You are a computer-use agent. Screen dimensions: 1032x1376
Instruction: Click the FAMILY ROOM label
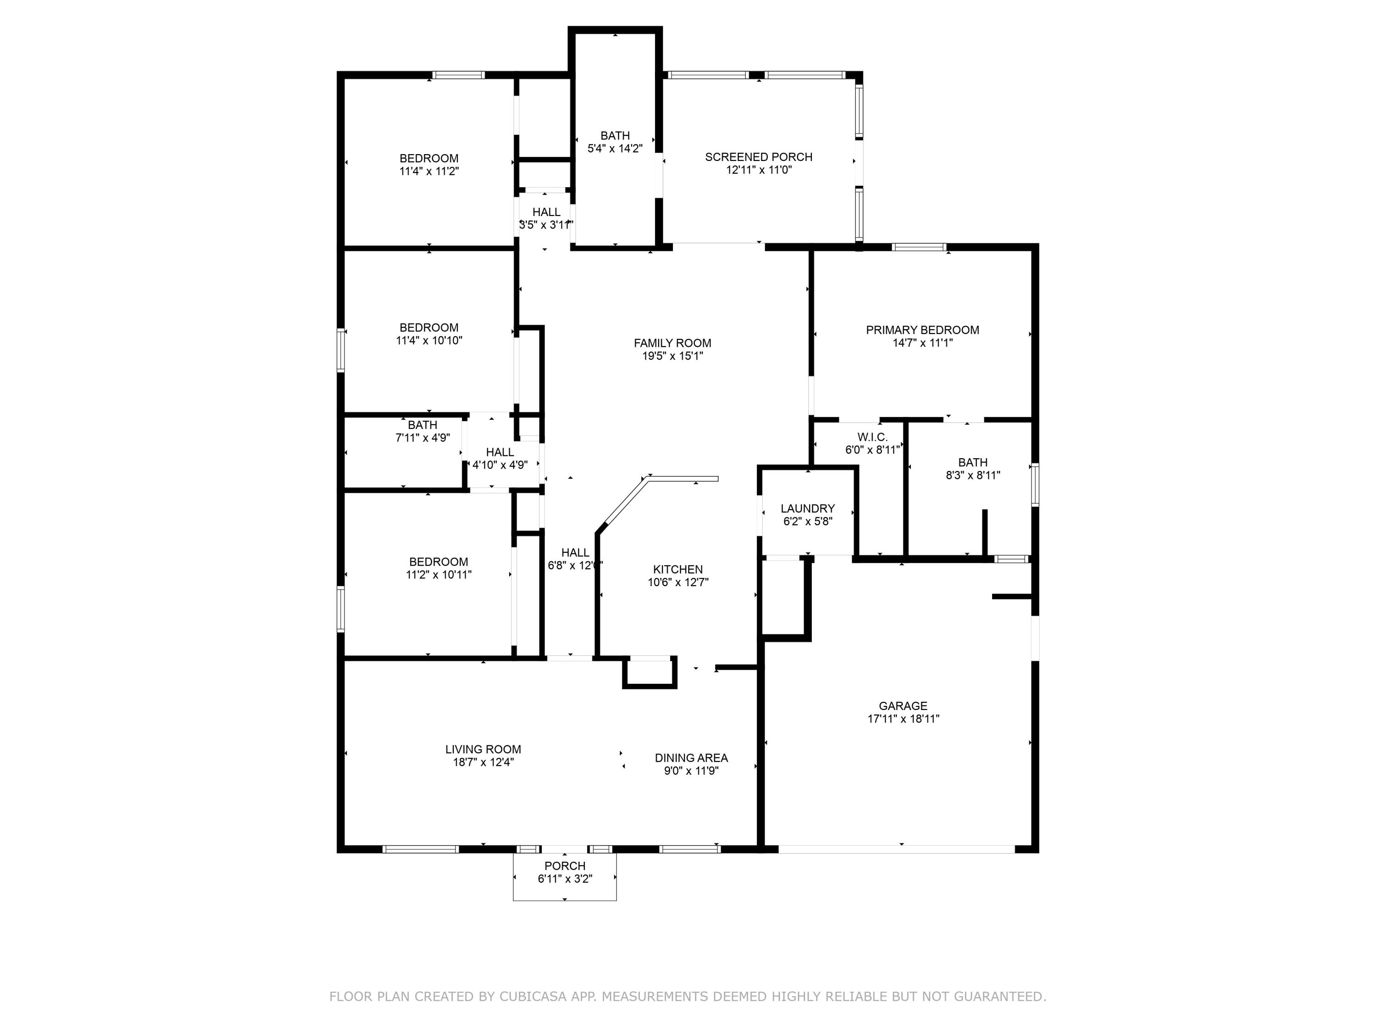672,343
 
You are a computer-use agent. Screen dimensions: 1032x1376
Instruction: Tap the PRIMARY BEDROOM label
922,330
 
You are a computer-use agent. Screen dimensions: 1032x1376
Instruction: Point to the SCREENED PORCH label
758,157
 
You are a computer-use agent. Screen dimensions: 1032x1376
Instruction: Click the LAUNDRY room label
807,508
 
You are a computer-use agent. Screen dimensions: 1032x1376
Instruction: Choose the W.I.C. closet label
872,437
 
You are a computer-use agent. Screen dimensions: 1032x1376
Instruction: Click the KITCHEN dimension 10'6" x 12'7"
677,582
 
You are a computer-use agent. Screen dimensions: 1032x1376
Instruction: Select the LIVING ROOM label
483,749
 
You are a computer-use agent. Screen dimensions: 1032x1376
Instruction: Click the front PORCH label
565,866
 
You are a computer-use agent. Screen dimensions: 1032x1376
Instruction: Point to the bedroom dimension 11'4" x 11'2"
428,171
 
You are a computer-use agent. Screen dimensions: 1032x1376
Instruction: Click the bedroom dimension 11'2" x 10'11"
438,575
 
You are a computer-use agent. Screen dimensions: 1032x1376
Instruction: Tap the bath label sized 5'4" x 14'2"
615,136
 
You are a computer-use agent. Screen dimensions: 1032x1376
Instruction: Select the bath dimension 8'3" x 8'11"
972,475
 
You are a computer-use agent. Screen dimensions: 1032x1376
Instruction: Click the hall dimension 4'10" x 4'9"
499,465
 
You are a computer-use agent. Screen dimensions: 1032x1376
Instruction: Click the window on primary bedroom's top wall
918,247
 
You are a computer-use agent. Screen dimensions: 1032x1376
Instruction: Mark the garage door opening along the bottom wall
896,849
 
